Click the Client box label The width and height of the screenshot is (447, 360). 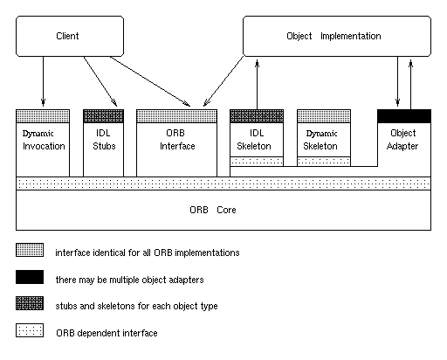click(67, 36)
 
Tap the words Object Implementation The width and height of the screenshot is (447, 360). click(334, 36)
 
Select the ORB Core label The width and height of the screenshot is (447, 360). click(213, 210)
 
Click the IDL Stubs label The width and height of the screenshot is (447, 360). click(104, 139)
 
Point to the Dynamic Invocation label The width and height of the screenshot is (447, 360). click(44, 140)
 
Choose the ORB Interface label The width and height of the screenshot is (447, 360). click(177, 139)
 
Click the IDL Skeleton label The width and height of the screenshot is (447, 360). click(254, 139)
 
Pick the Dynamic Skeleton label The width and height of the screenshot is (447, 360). click(320, 140)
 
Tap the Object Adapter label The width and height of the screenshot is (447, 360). click(402, 139)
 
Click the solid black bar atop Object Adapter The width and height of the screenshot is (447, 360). click(404, 116)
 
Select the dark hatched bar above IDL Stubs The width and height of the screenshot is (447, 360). click(104, 116)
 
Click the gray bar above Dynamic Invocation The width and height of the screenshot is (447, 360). click(43, 116)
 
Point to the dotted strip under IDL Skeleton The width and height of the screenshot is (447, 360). click(257, 162)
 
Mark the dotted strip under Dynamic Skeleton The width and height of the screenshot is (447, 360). click(324, 162)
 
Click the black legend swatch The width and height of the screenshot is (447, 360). click(30, 277)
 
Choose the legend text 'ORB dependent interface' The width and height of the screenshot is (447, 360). click(107, 333)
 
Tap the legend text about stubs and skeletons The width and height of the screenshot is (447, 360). click(136, 306)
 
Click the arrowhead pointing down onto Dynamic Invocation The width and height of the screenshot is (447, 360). click(43, 102)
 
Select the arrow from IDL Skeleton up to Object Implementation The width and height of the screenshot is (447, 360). click(257, 85)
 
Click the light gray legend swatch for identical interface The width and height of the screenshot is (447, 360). click(30, 250)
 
